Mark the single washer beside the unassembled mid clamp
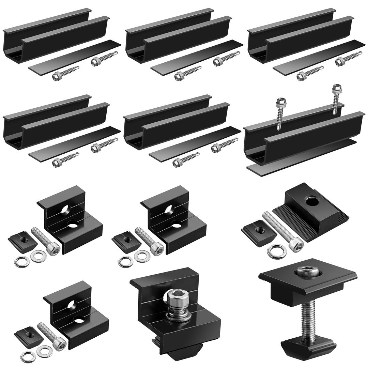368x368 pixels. (275, 251)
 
